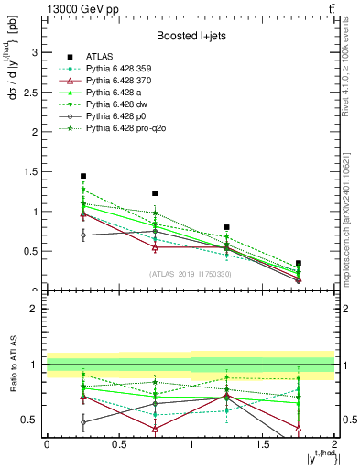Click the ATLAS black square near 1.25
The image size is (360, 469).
[227, 227]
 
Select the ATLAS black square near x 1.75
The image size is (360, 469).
[299, 263]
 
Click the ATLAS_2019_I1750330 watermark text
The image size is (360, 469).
[191, 274]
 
